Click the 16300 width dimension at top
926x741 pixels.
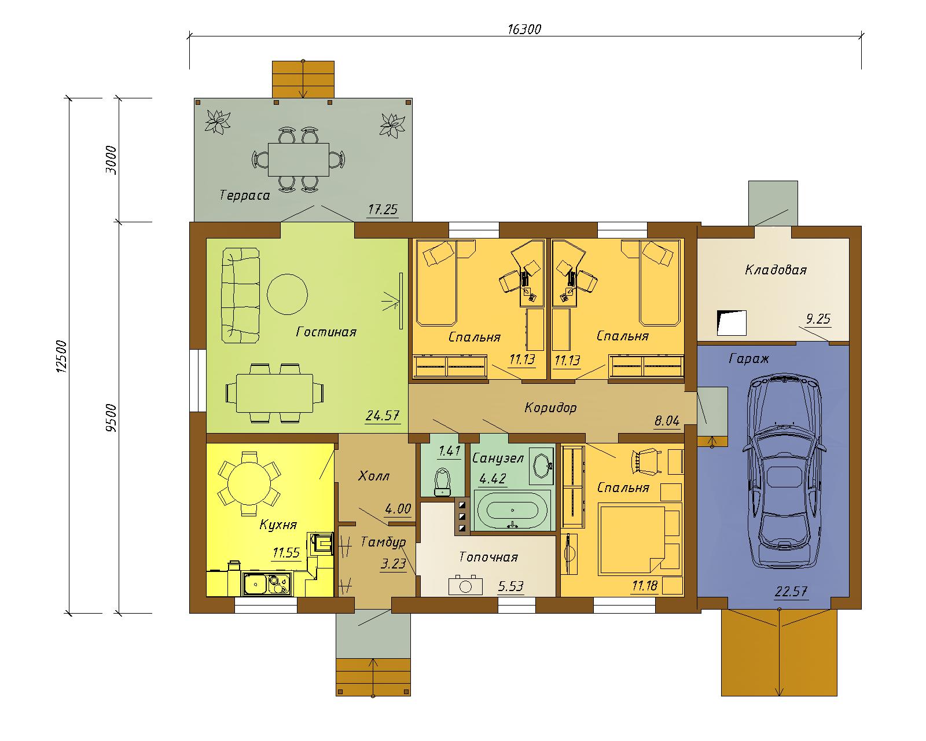pyautogui.click(x=524, y=30)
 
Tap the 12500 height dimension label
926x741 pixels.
pyautogui.click(x=62, y=356)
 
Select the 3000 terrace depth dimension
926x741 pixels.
pyautogui.click(x=111, y=160)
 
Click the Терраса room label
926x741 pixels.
pyautogui.click(x=244, y=196)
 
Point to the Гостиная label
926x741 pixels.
pyautogui.click(x=326, y=332)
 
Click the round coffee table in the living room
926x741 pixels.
pyautogui.click(x=287, y=294)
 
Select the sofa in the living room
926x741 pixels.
pyautogui.click(x=241, y=295)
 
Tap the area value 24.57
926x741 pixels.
pyautogui.click(x=382, y=416)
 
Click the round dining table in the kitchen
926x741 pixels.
pyautogui.click(x=249, y=483)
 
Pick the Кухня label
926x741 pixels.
pyautogui.click(x=278, y=524)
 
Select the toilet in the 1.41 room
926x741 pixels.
pyautogui.click(x=442, y=483)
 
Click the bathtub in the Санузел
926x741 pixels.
pyautogui.click(x=512, y=510)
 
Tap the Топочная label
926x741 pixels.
pyautogui.click(x=488, y=557)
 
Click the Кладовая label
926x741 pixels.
pyautogui.click(x=776, y=270)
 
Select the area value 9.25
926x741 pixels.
pyautogui.click(x=818, y=319)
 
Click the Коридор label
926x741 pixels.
pyautogui.click(x=550, y=408)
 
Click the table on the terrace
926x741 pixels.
pyautogui.click(x=299, y=160)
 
